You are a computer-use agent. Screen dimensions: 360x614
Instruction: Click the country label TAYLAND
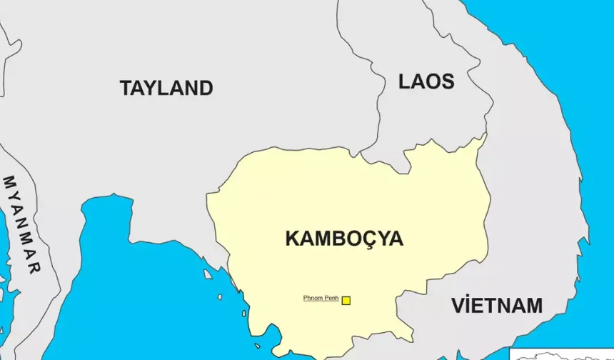coord(166,88)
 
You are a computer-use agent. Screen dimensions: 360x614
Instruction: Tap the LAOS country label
coord(426,81)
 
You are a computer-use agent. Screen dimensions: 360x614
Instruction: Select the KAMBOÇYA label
coord(344,239)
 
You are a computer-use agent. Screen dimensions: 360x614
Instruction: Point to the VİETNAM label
coord(497,306)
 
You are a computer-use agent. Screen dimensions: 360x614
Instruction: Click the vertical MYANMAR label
coord(21,224)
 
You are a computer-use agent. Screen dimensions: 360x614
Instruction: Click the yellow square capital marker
coord(346,301)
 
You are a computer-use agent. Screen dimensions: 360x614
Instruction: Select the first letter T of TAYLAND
coord(126,88)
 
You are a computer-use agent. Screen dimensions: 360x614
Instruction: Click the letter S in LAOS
coord(447,81)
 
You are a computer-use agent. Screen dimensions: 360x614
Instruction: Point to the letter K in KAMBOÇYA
coord(293,239)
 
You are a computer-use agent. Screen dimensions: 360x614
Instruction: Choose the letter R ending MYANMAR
coord(32,268)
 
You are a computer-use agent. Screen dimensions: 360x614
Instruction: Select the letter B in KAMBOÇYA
coord(336,239)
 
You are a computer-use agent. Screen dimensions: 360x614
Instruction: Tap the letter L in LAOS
coord(404,81)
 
